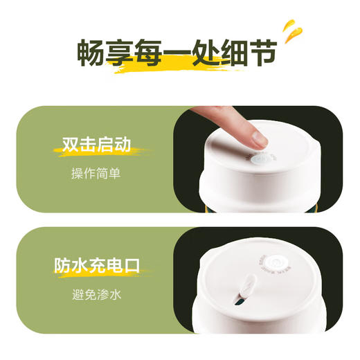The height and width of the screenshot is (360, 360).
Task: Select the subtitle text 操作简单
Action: [x=96, y=173]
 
